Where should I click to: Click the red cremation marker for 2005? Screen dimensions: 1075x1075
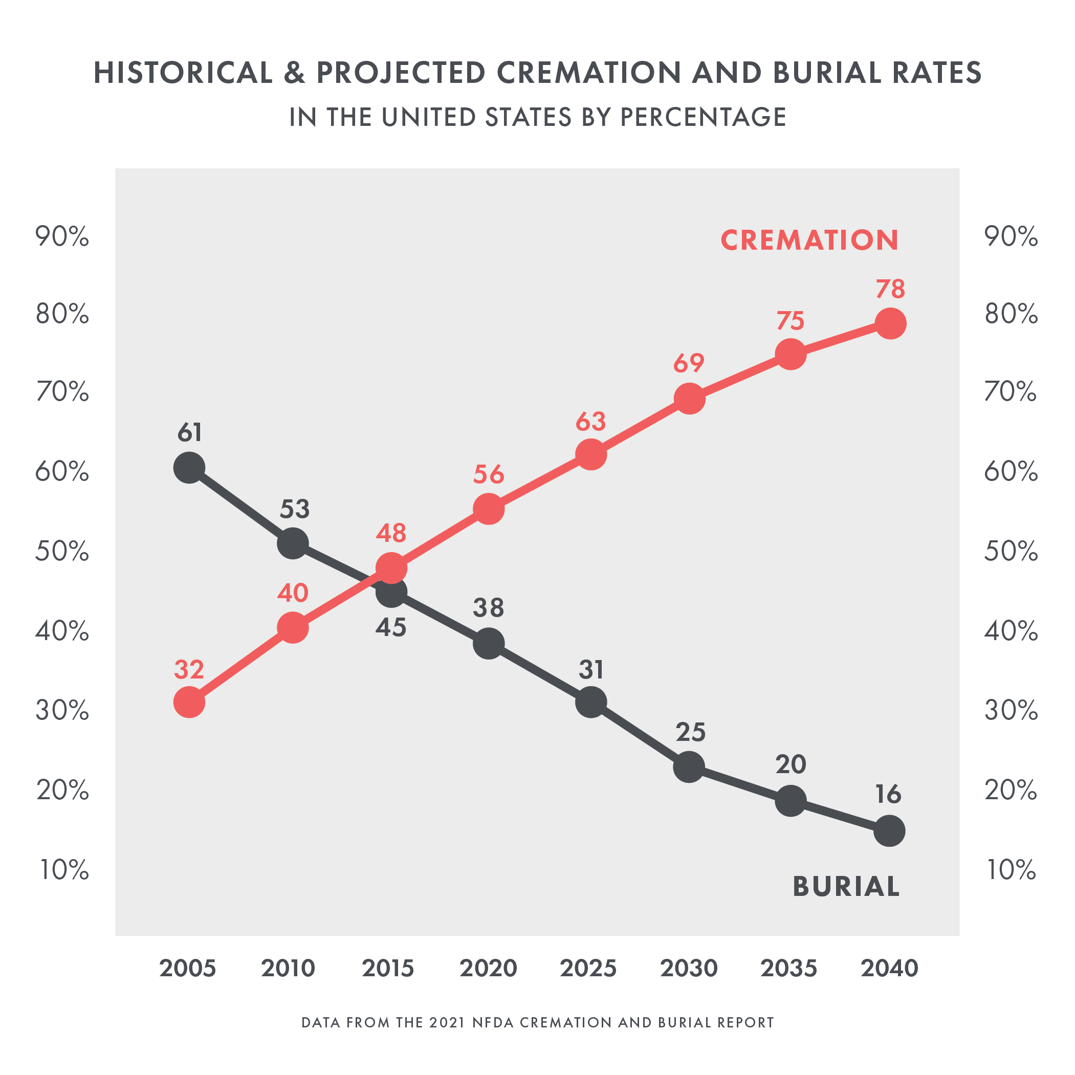[189, 702]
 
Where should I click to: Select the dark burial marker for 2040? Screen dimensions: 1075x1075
[889, 831]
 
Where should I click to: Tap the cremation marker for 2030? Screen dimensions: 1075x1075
[689, 399]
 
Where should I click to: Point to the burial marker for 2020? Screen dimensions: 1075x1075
[489, 644]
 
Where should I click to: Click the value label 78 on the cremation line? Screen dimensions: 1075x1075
[890, 289]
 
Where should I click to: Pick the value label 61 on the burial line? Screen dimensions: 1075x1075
[190, 433]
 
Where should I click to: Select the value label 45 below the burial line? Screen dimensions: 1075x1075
[391, 628]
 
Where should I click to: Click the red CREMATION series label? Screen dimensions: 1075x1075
[809, 240]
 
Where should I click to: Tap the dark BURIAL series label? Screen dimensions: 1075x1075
[846, 886]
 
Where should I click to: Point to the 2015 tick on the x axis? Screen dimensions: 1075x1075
[388, 969]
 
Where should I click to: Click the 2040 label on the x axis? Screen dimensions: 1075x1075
[889, 969]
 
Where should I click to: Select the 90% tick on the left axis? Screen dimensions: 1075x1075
[62, 237]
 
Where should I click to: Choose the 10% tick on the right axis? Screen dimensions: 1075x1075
[1011, 870]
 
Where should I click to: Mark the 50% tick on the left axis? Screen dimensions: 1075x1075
[62, 552]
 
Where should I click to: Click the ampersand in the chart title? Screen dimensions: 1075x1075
[294, 73]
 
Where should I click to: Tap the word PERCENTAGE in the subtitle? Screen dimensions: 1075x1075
[704, 117]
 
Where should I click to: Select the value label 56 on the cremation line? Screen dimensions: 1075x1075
[489, 475]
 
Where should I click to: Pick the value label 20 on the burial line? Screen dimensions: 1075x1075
[791, 764]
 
